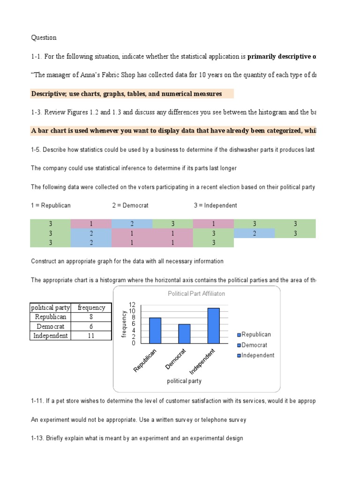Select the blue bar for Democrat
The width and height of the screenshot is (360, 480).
184,333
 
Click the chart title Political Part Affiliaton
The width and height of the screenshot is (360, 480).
196,293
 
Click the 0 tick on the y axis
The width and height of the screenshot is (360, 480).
133,343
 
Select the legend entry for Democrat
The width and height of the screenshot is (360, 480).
254,345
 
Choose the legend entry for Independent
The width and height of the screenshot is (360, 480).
255,355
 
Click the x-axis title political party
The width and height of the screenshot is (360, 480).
184,381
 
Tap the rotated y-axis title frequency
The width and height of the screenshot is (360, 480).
124,323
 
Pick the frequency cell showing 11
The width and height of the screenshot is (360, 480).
91,336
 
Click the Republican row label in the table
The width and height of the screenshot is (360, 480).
51,317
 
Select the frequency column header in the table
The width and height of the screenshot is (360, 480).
91,308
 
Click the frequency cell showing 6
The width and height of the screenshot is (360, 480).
91,326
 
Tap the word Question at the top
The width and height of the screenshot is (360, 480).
44,37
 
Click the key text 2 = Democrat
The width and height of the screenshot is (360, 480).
130,205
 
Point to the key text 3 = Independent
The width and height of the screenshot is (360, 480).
215,205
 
